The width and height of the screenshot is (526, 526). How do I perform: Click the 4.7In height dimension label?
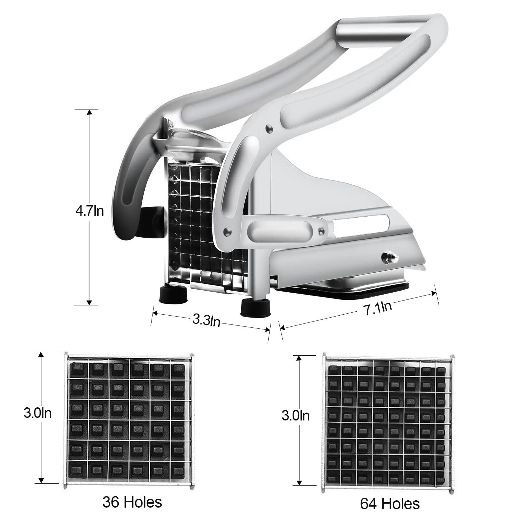90,211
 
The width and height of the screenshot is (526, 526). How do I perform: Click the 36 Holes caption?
132,502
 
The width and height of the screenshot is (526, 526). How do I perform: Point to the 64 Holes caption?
390,504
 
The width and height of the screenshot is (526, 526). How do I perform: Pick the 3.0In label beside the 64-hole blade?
296,416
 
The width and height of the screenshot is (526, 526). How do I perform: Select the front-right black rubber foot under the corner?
256,308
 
